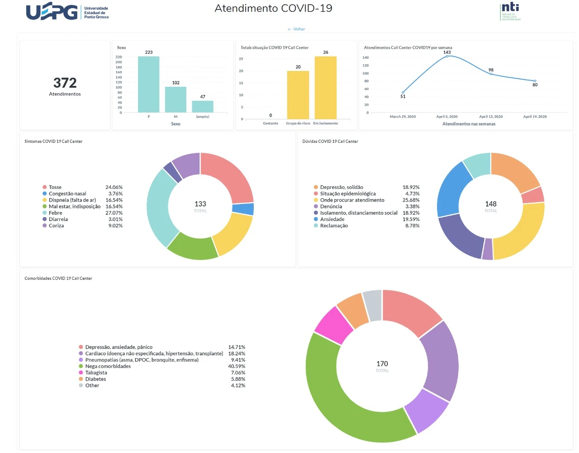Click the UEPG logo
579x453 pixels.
pyautogui.click(x=67, y=12)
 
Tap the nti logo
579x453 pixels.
pyautogui.click(x=511, y=11)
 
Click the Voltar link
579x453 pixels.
pyautogui.click(x=296, y=29)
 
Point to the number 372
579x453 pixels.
pyautogui.click(x=65, y=83)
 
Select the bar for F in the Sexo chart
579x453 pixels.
pyautogui.click(x=148, y=85)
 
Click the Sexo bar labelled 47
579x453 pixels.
pyautogui.click(x=203, y=107)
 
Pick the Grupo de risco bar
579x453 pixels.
pyautogui.click(x=298, y=95)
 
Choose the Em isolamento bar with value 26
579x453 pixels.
pyautogui.click(x=326, y=88)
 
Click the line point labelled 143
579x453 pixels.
pyautogui.click(x=447, y=56)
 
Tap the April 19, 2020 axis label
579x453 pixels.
pyautogui.click(x=535, y=117)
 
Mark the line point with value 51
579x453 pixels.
pyautogui.click(x=403, y=92)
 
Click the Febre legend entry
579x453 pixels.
pyautogui.click(x=55, y=213)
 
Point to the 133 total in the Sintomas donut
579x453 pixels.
pyautogui.click(x=200, y=204)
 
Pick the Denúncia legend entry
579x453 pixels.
pyautogui.click(x=331, y=207)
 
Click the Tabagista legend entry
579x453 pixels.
pyautogui.click(x=96, y=373)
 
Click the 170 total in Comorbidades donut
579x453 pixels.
pyautogui.click(x=382, y=364)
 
